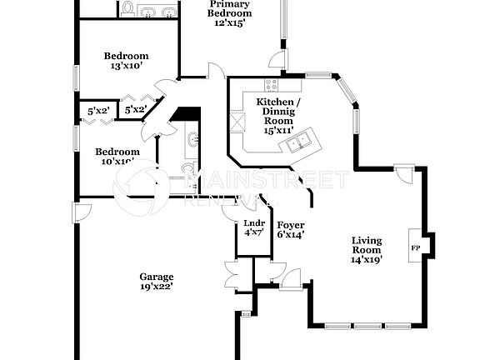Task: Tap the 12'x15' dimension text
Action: [229, 23]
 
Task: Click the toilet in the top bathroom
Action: [128, 9]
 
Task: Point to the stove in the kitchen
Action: [271, 84]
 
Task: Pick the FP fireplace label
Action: [415, 247]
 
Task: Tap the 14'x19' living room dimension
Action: [367, 260]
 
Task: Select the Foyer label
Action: [290, 225]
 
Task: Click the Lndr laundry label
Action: [253, 222]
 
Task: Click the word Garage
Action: [156, 277]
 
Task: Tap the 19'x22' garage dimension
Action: [156, 287]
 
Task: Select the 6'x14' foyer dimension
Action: [290, 235]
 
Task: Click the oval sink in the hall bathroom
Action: [192, 139]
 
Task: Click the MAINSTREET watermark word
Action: [267, 179]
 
